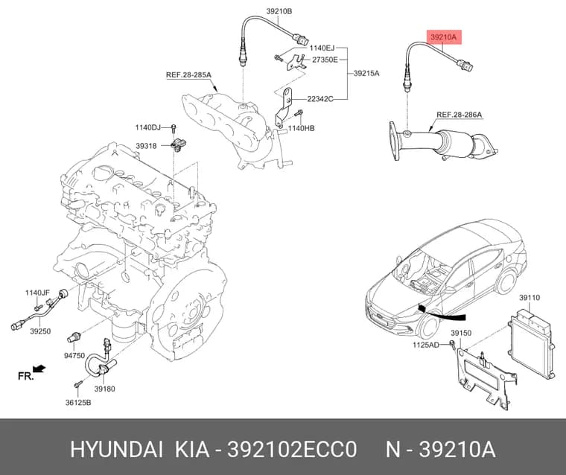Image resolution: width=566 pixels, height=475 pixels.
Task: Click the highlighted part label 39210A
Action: tap(444, 36)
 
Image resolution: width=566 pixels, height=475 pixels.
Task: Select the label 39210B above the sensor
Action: tap(279, 11)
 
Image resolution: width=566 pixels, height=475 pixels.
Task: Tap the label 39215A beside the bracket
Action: tap(366, 73)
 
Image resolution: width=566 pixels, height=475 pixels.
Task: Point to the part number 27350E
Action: tap(325, 60)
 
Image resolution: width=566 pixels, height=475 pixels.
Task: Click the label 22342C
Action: tap(320, 99)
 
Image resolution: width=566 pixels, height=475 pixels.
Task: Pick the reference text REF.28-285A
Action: tap(188, 75)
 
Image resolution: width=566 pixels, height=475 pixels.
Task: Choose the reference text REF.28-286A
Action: tap(460, 115)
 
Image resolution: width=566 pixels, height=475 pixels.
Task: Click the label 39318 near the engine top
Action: tap(146, 146)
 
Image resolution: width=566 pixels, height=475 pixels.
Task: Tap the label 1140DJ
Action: tap(148, 127)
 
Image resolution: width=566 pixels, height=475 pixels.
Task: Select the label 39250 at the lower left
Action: tap(40, 331)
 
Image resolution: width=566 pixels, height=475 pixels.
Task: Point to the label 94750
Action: tap(74, 356)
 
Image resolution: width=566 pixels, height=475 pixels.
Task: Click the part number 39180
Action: tap(105, 389)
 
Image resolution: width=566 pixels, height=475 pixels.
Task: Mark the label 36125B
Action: tap(78, 403)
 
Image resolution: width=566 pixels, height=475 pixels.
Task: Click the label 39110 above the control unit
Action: tap(530, 297)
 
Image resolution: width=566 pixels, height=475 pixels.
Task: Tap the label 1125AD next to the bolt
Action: tap(426, 345)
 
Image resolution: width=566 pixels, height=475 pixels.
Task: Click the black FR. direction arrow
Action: tap(39, 369)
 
